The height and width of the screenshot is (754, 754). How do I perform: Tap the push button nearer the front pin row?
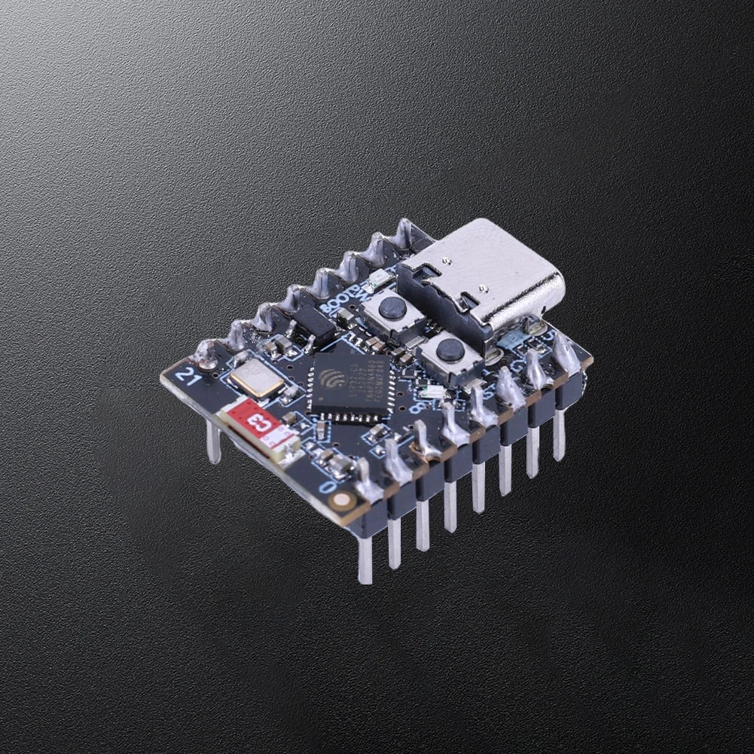coord(450,350)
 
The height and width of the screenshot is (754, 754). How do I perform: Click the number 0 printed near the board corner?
coord(327,487)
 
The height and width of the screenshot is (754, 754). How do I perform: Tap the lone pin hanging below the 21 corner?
coord(214,442)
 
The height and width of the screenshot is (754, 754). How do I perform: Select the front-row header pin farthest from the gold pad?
coord(560,433)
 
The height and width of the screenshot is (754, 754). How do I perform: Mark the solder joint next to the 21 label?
coord(206,350)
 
